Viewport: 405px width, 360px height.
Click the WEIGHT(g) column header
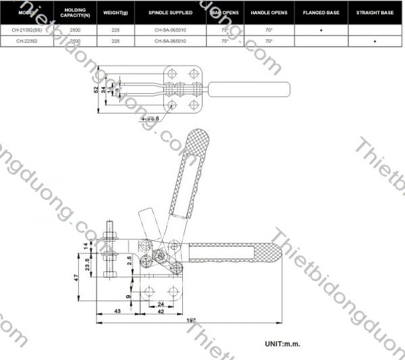click(111, 12)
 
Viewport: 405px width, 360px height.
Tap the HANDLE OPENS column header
click(269, 12)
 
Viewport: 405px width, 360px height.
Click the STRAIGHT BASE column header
click(375, 12)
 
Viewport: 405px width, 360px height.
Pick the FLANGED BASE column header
click(321, 12)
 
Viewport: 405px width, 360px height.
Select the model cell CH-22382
click(27, 41)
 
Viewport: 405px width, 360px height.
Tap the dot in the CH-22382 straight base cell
click(375, 42)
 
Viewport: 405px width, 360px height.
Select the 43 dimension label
click(117, 311)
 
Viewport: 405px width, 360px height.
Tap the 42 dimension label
click(161, 311)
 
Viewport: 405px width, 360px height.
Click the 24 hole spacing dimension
click(161, 304)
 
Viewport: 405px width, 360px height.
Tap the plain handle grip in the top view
click(250, 89)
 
